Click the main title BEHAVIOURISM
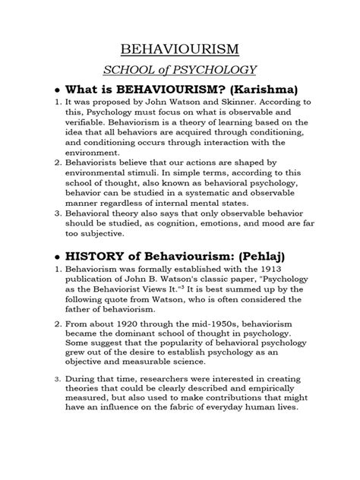coord(179,51)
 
